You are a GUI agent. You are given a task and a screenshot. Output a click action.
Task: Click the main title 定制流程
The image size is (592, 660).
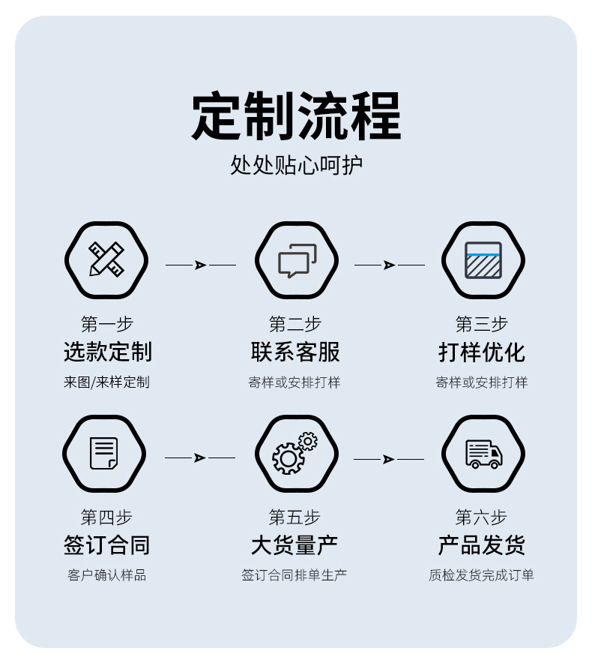296,115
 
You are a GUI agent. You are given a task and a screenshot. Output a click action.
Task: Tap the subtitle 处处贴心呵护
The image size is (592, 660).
296,165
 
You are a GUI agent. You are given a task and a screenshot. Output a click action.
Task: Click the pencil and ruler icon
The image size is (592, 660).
106,259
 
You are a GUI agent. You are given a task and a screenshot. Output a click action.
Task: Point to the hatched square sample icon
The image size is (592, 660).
483,260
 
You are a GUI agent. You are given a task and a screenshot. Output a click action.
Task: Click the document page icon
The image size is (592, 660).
104,453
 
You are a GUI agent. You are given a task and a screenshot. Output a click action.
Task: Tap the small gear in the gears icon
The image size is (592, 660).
308,441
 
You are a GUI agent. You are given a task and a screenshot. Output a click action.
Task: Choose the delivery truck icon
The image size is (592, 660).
483,454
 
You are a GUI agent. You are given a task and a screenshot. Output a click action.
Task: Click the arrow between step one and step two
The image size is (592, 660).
201,265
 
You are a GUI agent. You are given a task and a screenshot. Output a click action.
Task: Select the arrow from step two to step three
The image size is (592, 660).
390,265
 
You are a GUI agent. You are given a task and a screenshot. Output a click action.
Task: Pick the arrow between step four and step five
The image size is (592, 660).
200,457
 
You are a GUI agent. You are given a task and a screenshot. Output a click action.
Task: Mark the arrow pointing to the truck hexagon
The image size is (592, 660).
388,459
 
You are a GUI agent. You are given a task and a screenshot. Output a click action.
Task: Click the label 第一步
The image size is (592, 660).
107,324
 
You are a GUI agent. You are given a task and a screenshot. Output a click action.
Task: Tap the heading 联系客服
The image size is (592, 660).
295,352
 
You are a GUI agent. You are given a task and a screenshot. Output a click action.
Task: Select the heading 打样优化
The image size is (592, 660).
482,352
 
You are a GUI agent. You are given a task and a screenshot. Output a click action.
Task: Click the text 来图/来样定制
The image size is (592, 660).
107,382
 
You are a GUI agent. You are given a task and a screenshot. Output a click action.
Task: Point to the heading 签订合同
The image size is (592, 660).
107,545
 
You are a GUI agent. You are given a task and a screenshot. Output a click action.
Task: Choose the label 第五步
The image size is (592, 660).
295,517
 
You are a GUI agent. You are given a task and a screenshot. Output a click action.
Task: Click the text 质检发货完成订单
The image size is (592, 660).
481,575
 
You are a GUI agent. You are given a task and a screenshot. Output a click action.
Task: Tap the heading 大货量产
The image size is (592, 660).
295,545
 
